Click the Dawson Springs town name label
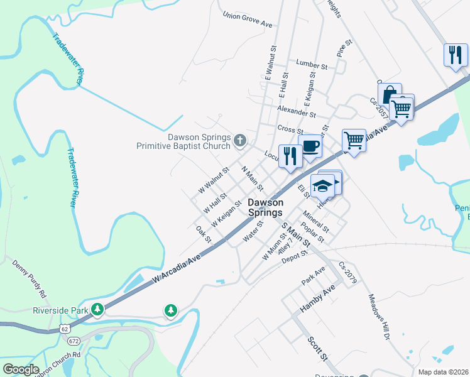(x=265, y=207)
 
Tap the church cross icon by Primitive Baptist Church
(x=239, y=141)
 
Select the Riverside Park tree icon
(x=97, y=309)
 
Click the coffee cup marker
(x=310, y=146)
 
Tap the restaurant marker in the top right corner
(x=455, y=55)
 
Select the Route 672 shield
(x=74, y=340)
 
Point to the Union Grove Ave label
(x=248, y=20)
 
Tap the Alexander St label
(x=297, y=112)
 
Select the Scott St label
(x=318, y=348)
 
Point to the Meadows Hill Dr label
(x=380, y=318)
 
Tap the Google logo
(x=21, y=369)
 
